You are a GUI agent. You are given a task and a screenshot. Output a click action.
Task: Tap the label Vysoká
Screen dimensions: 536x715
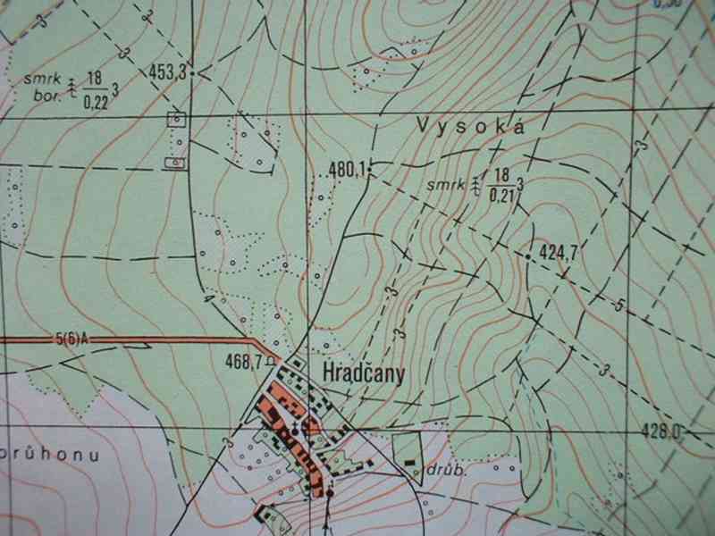467,127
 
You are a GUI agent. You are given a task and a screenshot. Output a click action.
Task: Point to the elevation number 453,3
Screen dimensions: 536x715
168,73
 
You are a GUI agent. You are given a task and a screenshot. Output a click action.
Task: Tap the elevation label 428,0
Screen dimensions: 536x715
662,431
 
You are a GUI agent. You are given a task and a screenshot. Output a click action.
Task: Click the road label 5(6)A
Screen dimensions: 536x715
72,338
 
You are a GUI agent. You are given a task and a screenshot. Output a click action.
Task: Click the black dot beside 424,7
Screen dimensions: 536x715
529,257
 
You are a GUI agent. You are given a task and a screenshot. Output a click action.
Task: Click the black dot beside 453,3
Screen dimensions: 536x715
192,72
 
